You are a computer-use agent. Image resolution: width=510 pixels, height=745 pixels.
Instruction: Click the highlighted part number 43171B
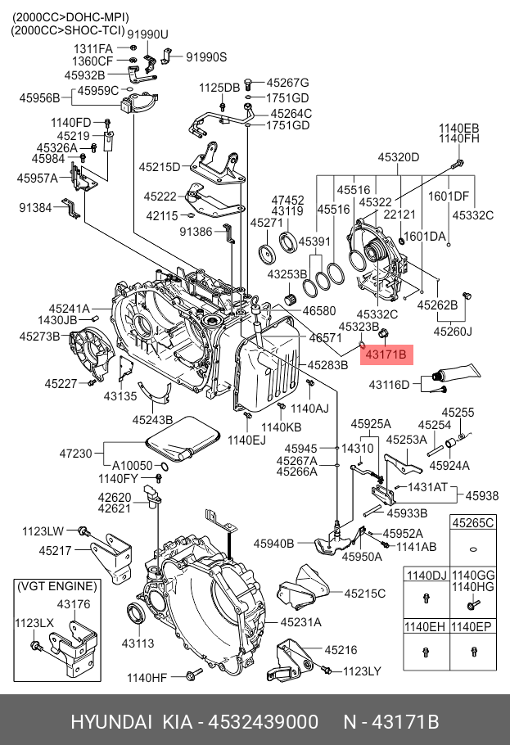point(389,354)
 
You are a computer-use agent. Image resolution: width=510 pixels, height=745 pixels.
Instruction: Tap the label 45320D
point(398,157)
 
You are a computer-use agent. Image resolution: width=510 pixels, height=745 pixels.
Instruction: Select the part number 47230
point(75,452)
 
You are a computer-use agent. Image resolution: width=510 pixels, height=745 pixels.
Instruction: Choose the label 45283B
point(327,364)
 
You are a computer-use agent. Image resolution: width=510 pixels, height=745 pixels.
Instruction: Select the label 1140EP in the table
point(474,627)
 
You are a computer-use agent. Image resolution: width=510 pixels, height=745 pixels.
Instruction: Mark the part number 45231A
point(300,622)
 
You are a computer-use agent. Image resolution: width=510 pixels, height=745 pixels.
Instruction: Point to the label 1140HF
point(147,677)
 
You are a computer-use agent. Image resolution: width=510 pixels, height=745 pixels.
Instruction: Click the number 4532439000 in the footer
point(264,722)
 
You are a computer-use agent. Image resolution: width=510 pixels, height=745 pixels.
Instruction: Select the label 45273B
point(40,336)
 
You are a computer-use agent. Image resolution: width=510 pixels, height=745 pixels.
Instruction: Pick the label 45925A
point(371,423)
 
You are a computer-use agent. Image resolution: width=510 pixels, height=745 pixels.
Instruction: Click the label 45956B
point(40,98)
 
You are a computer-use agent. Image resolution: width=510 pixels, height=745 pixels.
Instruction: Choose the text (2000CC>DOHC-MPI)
point(70,16)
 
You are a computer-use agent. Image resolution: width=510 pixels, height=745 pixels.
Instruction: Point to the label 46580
point(319,311)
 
